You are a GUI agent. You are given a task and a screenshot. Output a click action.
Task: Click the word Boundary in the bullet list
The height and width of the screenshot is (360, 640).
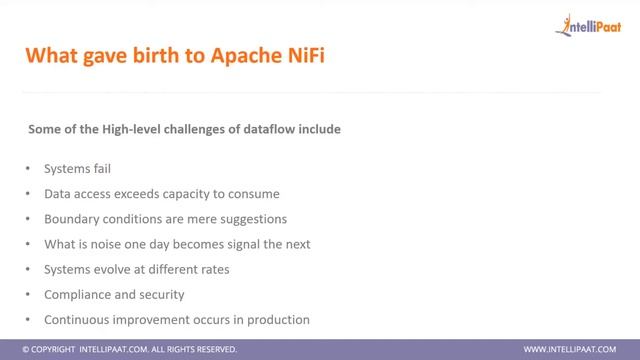pos(72,218)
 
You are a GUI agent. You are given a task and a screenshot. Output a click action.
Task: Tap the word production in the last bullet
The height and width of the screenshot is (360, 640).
pos(276,320)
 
